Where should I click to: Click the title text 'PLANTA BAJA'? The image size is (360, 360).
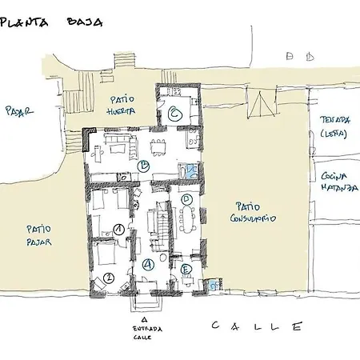53,22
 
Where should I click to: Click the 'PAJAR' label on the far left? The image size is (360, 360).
18,110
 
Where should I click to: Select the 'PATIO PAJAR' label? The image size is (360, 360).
38,233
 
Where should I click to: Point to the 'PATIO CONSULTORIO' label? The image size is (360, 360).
253,212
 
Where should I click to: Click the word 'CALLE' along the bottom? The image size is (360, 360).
258,326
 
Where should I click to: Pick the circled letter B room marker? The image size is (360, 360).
143,166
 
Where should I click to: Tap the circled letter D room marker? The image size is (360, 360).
186,198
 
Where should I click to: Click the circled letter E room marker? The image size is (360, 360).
185,270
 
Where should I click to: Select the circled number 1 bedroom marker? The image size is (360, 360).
118,229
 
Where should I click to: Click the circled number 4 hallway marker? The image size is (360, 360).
148,263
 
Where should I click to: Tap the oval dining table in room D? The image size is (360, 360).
189,218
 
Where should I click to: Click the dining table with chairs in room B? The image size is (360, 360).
160,146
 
